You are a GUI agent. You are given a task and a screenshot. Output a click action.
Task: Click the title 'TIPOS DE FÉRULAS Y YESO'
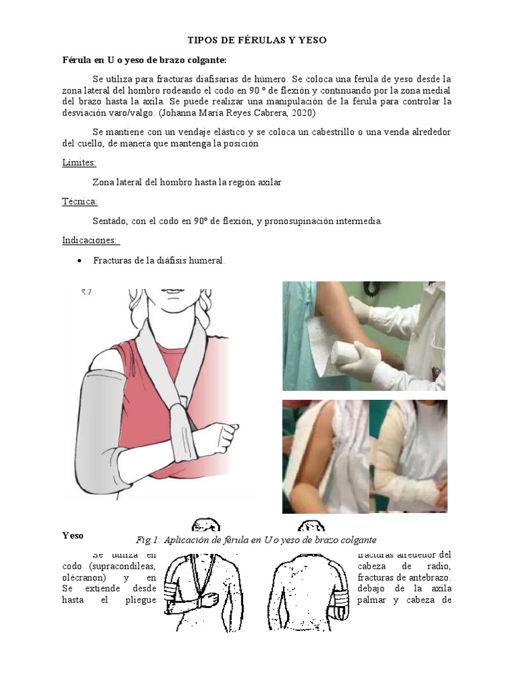257,41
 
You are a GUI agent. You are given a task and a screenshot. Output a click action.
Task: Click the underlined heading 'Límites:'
79,163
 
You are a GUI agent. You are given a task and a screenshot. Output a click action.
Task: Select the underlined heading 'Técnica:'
80,201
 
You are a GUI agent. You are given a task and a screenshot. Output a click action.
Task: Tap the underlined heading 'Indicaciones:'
90,240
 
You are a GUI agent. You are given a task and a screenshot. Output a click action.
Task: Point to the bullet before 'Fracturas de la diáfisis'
80,260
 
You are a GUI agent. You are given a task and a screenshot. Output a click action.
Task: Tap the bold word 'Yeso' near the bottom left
73,535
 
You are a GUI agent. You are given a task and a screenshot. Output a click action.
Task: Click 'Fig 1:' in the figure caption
147,540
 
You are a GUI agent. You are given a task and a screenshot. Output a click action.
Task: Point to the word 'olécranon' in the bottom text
82,577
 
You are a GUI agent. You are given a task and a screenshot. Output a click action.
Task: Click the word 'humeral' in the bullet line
206,261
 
